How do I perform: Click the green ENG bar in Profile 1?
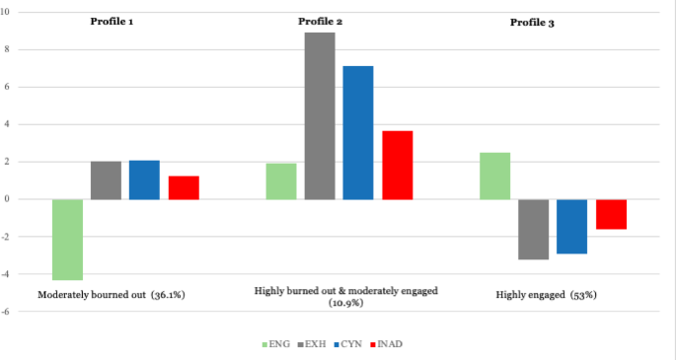click(x=67, y=240)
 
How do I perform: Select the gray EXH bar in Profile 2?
click(x=320, y=116)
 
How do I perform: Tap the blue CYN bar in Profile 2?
click(x=358, y=133)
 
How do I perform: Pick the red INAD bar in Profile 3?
click(x=611, y=214)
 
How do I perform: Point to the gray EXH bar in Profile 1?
click(x=106, y=180)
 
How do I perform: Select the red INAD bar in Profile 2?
click(x=398, y=165)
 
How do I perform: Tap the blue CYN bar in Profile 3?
click(x=572, y=226)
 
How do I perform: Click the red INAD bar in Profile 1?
click(x=184, y=187)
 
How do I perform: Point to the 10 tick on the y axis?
click(x=8, y=13)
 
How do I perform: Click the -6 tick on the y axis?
click(x=7, y=312)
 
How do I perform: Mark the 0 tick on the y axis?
click(x=9, y=199)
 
